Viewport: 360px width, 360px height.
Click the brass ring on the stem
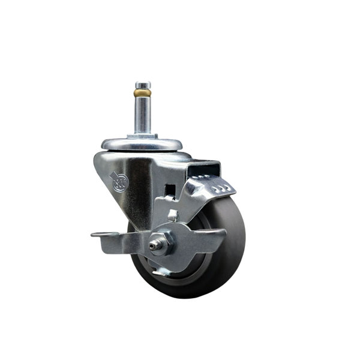pos(142,94)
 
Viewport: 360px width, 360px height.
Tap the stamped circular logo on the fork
pos(118,180)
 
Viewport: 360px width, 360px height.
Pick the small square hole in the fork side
pos(170,191)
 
